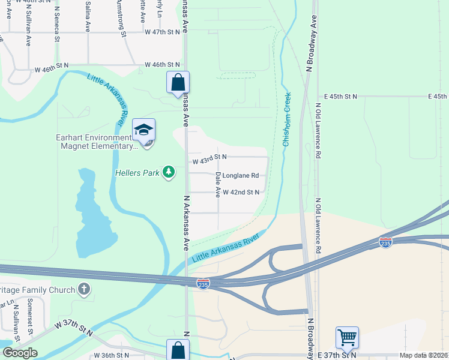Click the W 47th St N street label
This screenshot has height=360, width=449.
(163, 32)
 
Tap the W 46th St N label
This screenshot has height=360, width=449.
(163, 64)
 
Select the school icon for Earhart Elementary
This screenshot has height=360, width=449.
(144, 130)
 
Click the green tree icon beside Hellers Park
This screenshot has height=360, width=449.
(169, 173)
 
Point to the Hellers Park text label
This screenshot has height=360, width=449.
(137, 173)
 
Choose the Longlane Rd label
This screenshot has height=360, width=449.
(241, 176)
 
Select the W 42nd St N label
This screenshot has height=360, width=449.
(241, 192)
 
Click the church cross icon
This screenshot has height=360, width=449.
(84, 290)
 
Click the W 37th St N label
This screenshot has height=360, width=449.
(73, 328)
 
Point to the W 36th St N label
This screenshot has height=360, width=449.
(112, 355)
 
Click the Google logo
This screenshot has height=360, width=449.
(19, 352)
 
